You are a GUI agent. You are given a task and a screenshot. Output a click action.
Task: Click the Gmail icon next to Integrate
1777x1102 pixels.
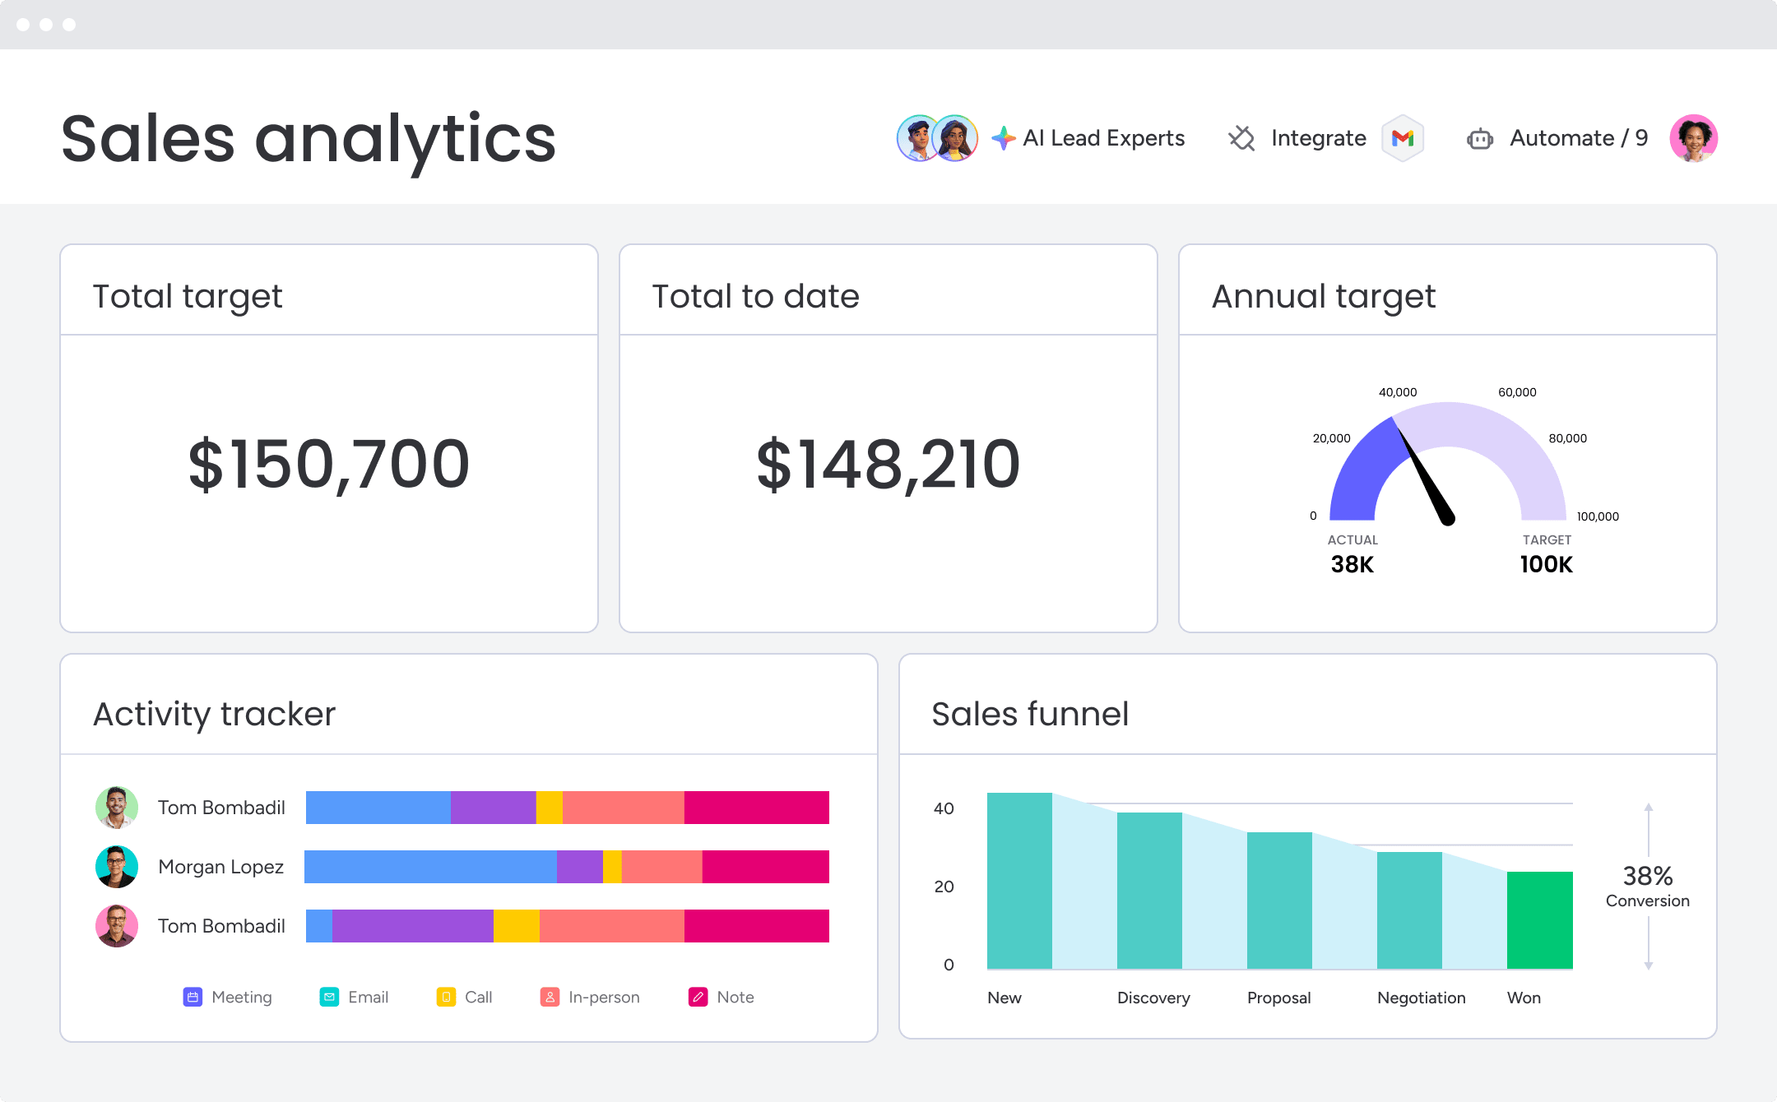1403,138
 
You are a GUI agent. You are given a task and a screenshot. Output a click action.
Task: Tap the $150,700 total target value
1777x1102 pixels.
329,465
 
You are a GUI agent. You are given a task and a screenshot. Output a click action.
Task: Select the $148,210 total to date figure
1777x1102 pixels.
888,465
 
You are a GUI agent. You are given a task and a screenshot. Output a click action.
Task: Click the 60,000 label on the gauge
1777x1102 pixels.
1517,392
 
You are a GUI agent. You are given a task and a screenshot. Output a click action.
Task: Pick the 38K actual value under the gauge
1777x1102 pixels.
1352,564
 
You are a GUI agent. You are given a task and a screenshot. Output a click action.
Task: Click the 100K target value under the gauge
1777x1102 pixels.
1546,564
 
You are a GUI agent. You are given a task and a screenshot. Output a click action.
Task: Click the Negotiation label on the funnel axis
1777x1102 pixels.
1421,998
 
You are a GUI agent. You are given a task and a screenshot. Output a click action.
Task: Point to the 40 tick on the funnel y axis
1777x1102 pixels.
944,808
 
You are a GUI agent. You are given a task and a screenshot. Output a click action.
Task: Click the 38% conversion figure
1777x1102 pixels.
1647,876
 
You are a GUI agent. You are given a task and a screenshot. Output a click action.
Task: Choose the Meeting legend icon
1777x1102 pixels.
193,997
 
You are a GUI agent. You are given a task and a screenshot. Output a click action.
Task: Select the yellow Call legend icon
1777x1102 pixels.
446,997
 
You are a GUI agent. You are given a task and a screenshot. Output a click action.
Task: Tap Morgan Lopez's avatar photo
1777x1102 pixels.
117,867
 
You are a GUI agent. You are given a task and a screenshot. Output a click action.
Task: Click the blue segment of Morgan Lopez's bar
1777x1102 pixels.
430,867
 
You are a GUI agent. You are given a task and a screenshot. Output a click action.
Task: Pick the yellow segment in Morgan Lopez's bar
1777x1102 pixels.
612,867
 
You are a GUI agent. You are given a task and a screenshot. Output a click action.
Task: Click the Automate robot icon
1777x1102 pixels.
1479,139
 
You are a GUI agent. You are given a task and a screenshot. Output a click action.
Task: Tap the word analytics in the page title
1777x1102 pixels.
405,138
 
